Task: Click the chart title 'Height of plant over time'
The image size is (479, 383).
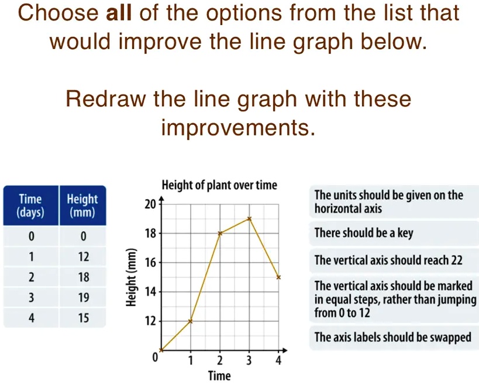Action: click(x=219, y=186)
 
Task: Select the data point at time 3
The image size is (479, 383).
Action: click(x=249, y=218)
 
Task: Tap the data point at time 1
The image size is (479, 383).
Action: click(x=191, y=321)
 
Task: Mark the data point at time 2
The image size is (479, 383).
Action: click(x=220, y=233)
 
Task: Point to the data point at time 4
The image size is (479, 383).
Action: click(x=278, y=277)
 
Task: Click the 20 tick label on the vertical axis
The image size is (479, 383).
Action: click(x=150, y=204)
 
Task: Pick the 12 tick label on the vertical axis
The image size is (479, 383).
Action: click(x=150, y=321)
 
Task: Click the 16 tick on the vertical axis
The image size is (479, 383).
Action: click(x=150, y=263)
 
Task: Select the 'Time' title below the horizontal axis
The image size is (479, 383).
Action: click(x=219, y=376)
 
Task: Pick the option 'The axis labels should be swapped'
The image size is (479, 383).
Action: click(x=392, y=337)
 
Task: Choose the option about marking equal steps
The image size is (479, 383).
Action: click(x=393, y=299)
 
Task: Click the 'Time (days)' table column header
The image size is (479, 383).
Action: click(x=30, y=206)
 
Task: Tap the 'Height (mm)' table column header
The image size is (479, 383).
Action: click(x=82, y=206)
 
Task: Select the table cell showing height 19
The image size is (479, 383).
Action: click(x=83, y=298)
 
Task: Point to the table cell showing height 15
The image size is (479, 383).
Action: click(x=83, y=319)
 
